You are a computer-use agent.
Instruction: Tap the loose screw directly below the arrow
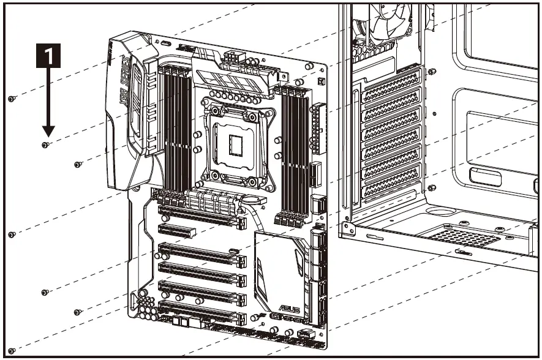[45, 145]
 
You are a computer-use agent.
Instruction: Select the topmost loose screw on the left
[11, 98]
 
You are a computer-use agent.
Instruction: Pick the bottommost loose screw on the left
[11, 351]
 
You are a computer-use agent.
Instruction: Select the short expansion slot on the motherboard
[176, 231]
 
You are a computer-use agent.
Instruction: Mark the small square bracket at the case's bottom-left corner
[348, 229]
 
